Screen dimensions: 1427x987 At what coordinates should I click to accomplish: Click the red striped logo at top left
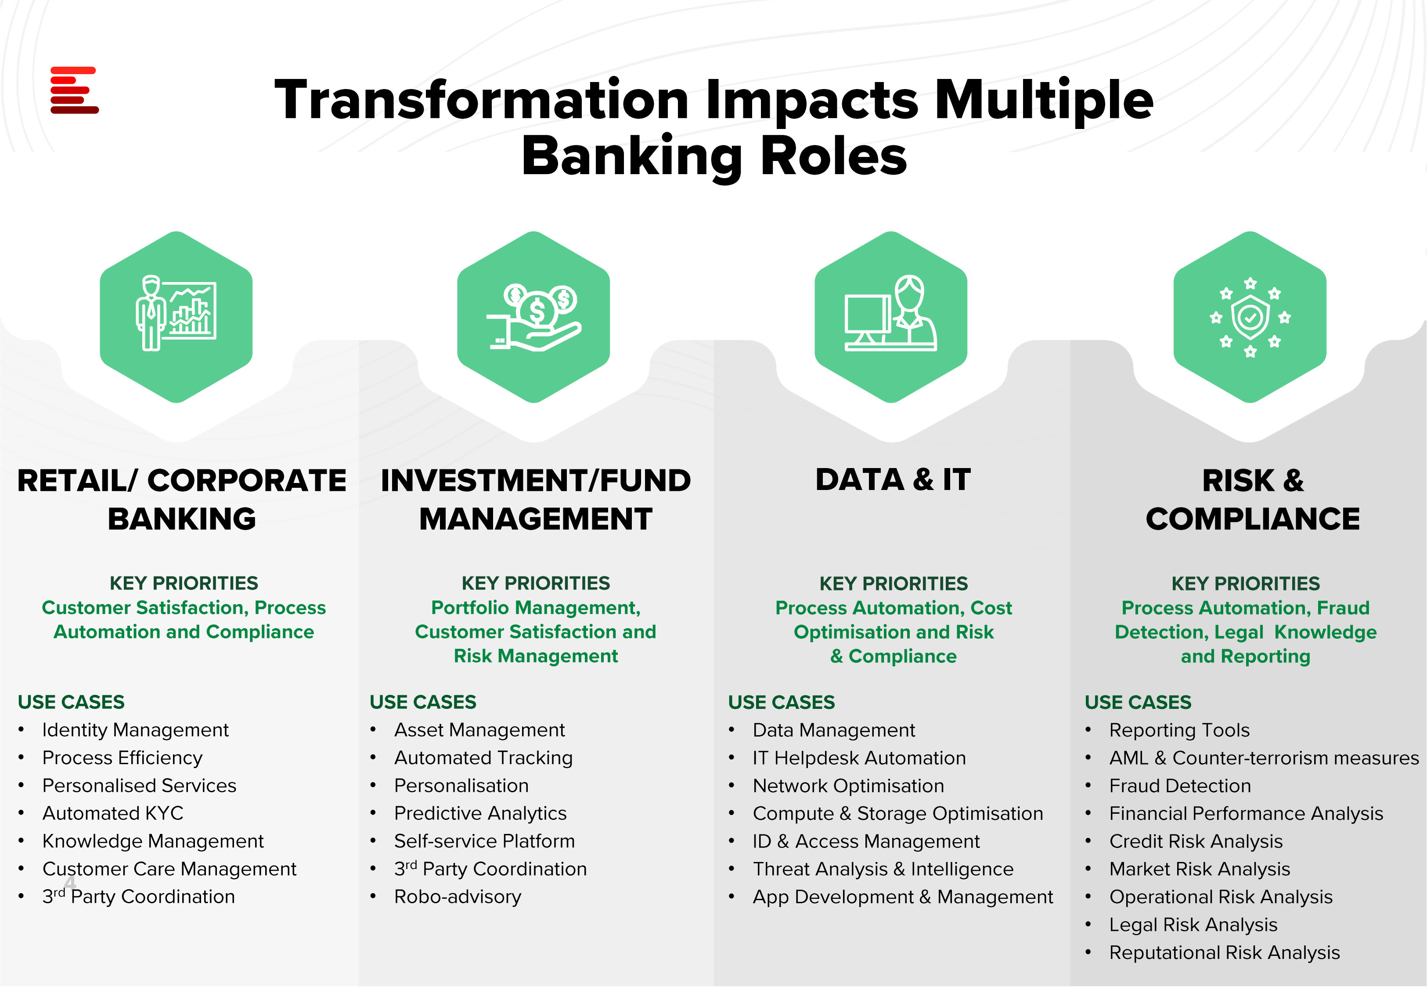point(74,90)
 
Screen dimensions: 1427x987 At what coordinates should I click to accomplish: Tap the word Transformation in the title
point(481,100)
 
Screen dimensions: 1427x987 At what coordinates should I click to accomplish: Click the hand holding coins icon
point(534,317)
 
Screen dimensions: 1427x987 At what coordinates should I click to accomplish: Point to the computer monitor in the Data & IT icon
point(868,319)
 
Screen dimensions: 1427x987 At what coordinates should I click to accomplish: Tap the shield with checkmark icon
point(1250,317)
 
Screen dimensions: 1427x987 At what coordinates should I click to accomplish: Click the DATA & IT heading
point(893,480)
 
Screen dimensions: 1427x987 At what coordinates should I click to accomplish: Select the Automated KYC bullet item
point(113,813)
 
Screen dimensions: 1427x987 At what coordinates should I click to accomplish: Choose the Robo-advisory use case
point(458,897)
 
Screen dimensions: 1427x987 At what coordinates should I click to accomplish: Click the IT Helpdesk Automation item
point(859,758)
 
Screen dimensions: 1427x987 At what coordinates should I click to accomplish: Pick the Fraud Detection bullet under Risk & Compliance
point(1180,785)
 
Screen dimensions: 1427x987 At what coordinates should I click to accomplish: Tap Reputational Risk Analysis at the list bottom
point(1225,952)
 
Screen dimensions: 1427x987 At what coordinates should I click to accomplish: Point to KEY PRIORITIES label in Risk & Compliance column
point(1246,583)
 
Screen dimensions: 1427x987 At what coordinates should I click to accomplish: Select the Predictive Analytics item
point(480,813)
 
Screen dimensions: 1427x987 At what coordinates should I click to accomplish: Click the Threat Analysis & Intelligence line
point(883,869)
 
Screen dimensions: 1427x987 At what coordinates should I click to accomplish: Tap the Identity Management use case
point(136,730)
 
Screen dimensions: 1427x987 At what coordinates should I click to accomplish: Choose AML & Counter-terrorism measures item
point(1264,758)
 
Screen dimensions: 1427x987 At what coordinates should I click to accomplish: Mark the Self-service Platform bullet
point(485,841)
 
